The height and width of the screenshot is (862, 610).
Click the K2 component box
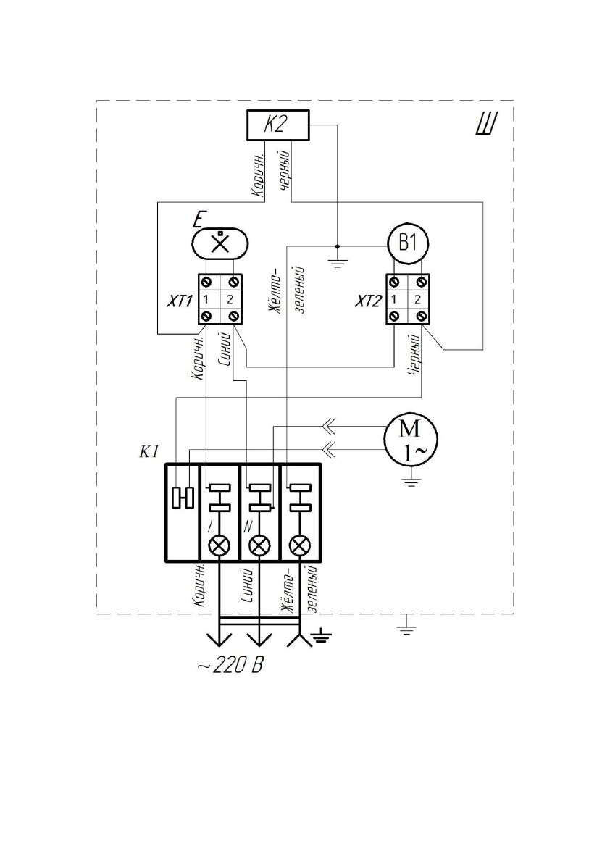pyautogui.click(x=277, y=125)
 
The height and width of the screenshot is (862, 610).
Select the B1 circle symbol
pyautogui.click(x=409, y=243)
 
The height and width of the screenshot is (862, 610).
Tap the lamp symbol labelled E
pyautogui.click(x=220, y=242)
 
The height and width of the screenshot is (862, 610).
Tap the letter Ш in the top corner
pyautogui.click(x=484, y=125)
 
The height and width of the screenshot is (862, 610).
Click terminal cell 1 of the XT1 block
pyautogui.click(x=206, y=298)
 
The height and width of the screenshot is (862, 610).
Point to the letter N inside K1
pyautogui.click(x=248, y=522)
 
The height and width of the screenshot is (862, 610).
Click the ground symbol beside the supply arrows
pyautogui.click(x=321, y=638)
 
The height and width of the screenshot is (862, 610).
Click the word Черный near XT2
pyautogui.click(x=416, y=354)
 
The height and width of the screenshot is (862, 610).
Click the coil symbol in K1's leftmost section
pyautogui.click(x=182, y=498)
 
